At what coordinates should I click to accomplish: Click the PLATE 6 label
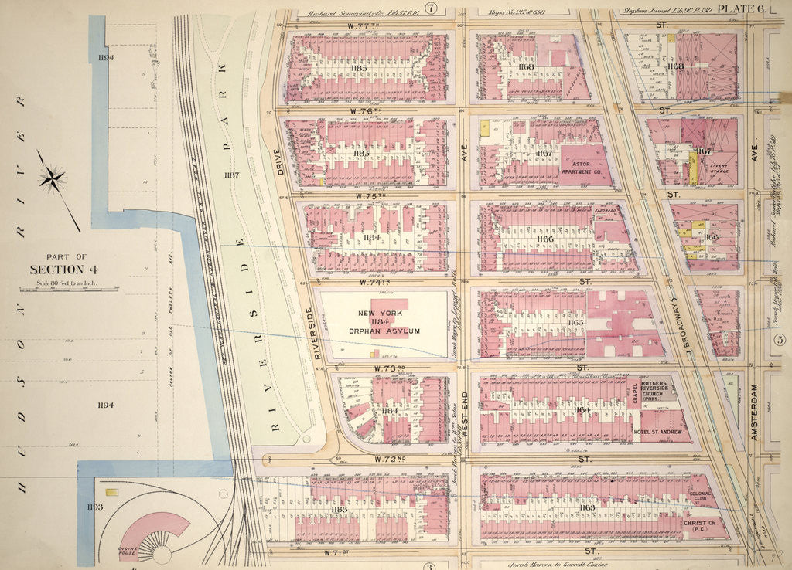(740, 8)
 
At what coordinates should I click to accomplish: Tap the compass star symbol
(53, 180)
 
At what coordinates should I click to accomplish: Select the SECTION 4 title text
(56, 269)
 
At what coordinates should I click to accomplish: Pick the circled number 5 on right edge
(780, 339)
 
